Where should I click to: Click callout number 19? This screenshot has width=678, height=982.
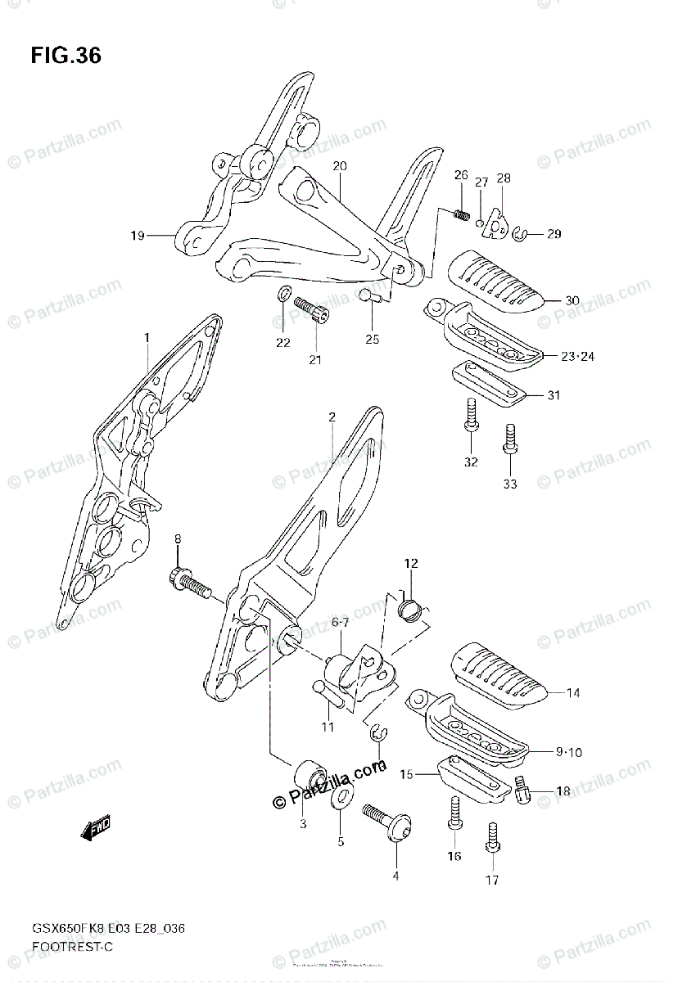(x=137, y=236)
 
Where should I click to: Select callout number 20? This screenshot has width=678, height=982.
(x=339, y=166)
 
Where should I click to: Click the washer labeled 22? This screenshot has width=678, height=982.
(x=283, y=295)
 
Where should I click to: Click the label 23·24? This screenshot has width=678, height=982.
(x=578, y=356)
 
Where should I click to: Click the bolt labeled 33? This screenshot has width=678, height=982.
(x=510, y=438)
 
